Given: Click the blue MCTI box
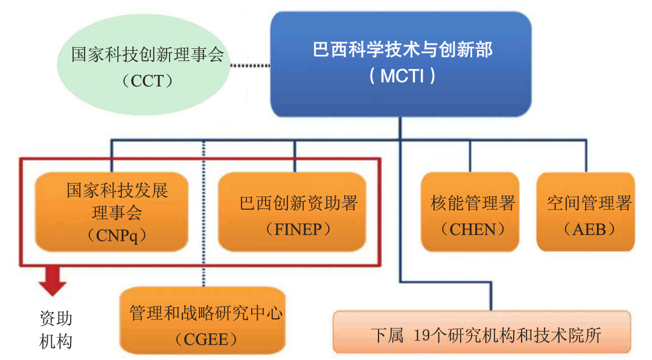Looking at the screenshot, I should [400, 63].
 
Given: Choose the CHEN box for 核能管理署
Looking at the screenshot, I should [469, 211].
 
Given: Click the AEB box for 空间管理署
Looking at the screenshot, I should [585, 211].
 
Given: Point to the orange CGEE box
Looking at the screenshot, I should [202, 320].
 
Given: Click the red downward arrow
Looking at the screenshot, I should [53, 281].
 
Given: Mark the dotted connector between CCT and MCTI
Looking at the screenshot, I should [251, 65].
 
